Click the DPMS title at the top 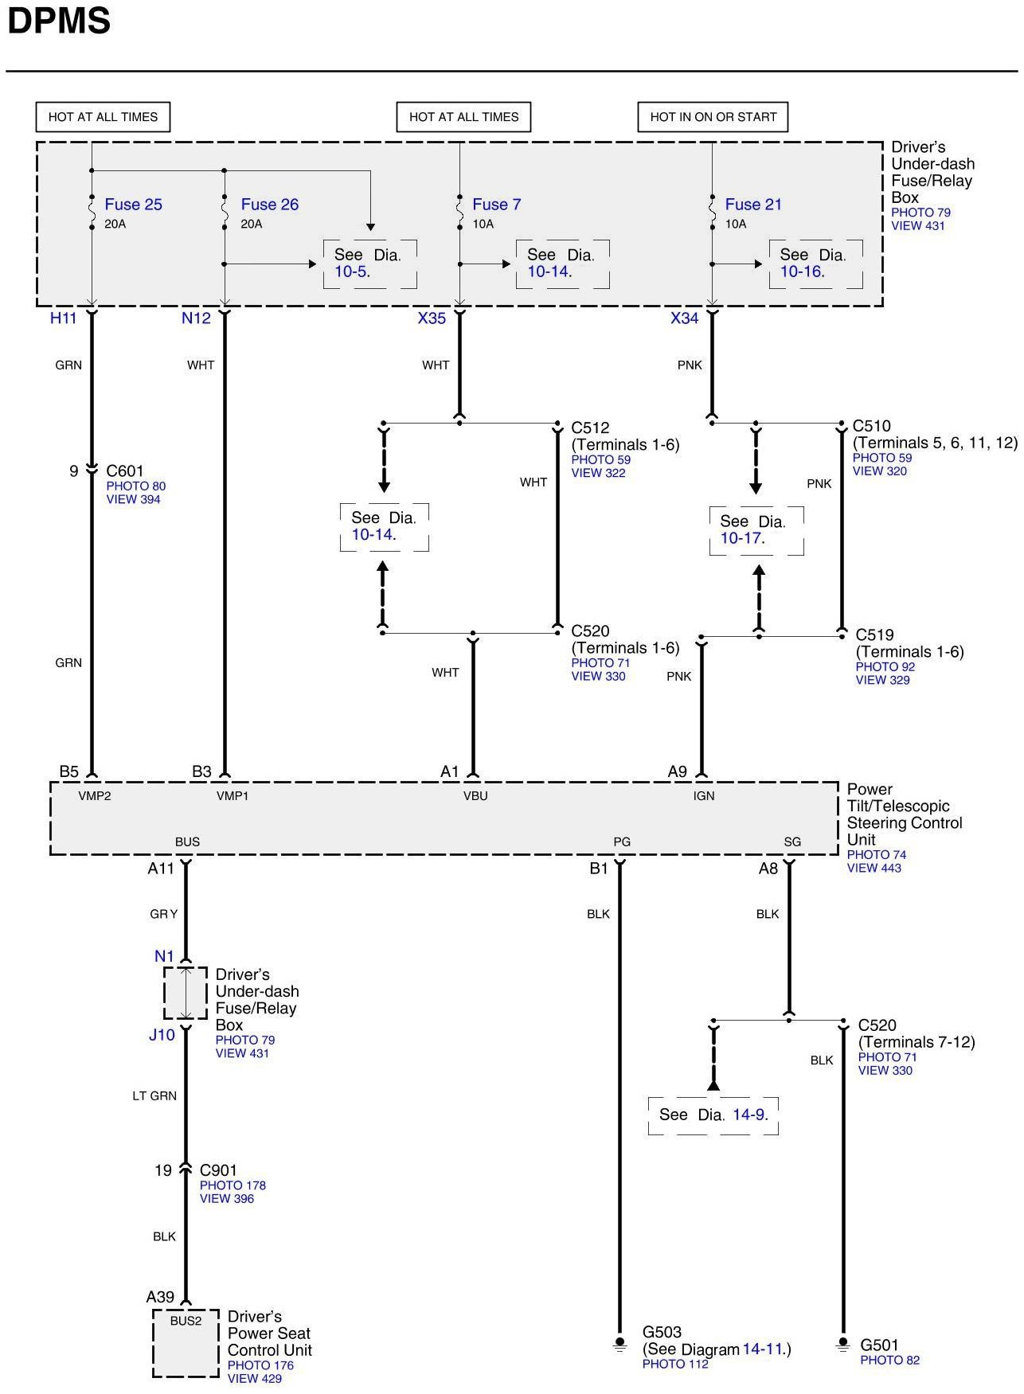[58, 21]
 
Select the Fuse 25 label [133, 205]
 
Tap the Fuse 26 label [269, 205]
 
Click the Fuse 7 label [496, 205]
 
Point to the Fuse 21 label [752, 205]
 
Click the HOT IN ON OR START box [713, 117]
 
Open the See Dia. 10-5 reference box [369, 264]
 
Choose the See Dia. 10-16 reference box [815, 264]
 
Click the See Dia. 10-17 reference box [756, 530]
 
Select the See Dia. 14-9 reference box [713, 1115]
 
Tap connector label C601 [125, 471]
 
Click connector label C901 [218, 1170]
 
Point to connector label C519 [874, 635]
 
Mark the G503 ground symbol [620, 1345]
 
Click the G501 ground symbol [842, 1345]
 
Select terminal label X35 [432, 318]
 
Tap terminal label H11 [63, 318]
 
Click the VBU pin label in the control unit [475, 796]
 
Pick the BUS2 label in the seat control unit [186, 1321]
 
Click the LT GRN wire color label [154, 1096]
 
